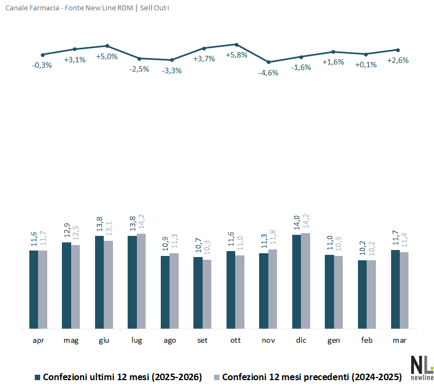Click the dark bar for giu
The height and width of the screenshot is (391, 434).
(99, 282)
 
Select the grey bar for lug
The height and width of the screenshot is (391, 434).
(141, 281)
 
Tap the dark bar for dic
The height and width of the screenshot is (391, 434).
(297, 281)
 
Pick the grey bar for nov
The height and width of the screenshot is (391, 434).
(273, 289)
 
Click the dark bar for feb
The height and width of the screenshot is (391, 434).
(362, 294)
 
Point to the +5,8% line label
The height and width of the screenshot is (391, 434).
(236, 55)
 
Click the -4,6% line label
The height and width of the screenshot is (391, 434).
(268, 73)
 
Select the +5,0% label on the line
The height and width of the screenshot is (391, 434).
(106, 56)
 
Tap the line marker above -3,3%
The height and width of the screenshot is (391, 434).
(172, 60)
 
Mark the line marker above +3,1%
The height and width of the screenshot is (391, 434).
(74, 49)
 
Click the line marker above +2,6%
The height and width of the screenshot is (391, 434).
(398, 50)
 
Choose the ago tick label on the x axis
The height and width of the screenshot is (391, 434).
(169, 341)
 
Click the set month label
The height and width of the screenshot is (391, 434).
(203, 341)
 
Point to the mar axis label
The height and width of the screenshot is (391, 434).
(400, 341)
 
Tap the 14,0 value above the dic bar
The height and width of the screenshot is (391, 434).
(297, 226)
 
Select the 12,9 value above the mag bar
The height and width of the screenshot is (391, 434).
(66, 233)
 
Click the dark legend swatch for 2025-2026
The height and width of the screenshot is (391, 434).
(38, 377)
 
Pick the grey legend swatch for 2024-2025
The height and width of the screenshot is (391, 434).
(217, 377)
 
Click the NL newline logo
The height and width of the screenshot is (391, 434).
(422, 368)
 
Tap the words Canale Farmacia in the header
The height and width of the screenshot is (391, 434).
(27, 8)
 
